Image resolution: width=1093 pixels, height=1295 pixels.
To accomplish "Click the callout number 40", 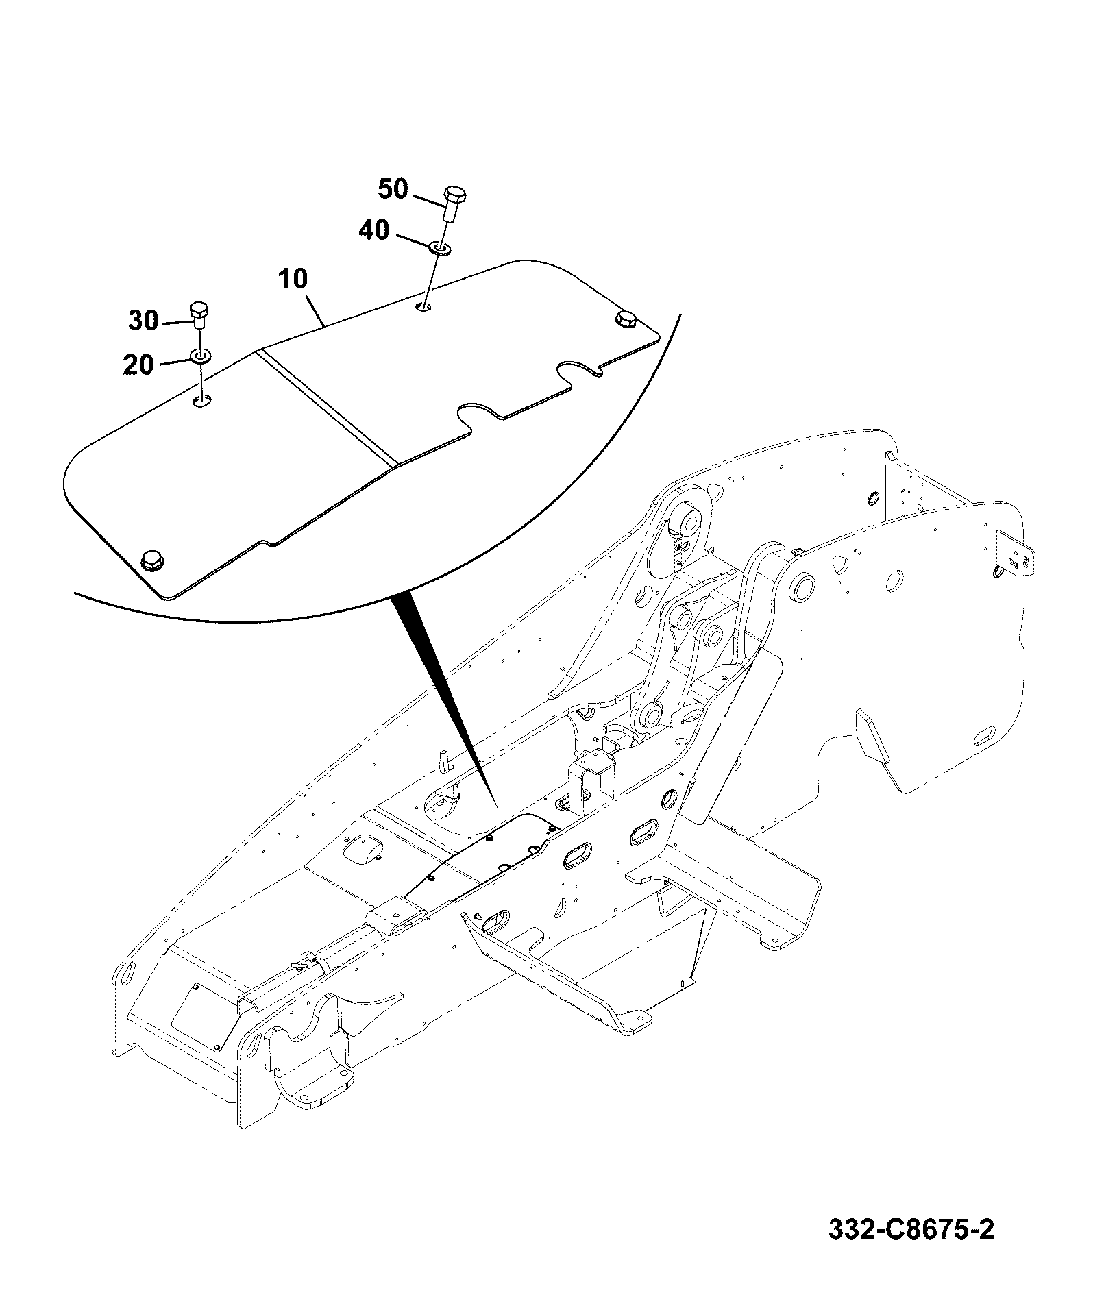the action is [x=374, y=231].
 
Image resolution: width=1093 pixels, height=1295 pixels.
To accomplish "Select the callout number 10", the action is [x=293, y=279].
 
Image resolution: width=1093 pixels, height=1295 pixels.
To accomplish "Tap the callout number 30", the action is [x=143, y=320].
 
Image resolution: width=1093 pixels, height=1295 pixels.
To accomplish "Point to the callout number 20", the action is [x=138, y=365].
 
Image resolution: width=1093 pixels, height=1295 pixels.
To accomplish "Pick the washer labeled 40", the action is [x=439, y=247].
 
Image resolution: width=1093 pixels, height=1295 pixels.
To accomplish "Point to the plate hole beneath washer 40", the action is [x=425, y=306].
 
